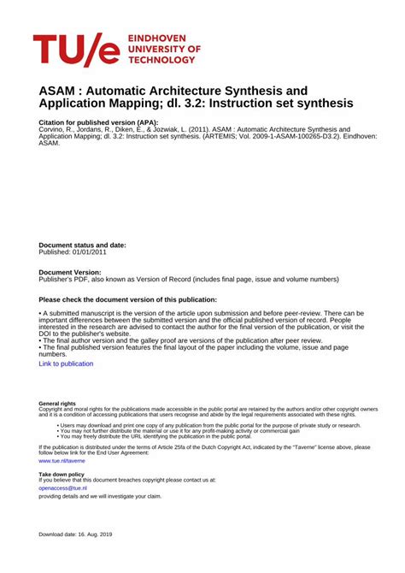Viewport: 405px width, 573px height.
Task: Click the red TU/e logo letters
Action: [76, 50]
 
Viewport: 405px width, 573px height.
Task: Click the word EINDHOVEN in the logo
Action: [161, 39]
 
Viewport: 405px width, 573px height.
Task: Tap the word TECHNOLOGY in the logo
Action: [161, 61]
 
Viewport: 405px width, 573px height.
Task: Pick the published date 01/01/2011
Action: [94, 252]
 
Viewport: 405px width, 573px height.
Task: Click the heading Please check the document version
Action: [128, 299]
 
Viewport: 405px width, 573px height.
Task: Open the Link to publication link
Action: [66, 363]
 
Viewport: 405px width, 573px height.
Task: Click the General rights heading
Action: [57, 404]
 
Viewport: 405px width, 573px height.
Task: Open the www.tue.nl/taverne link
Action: [62, 460]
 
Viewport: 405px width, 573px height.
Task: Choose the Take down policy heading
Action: [62, 474]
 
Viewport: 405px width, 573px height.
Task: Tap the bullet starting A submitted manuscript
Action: [171, 314]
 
